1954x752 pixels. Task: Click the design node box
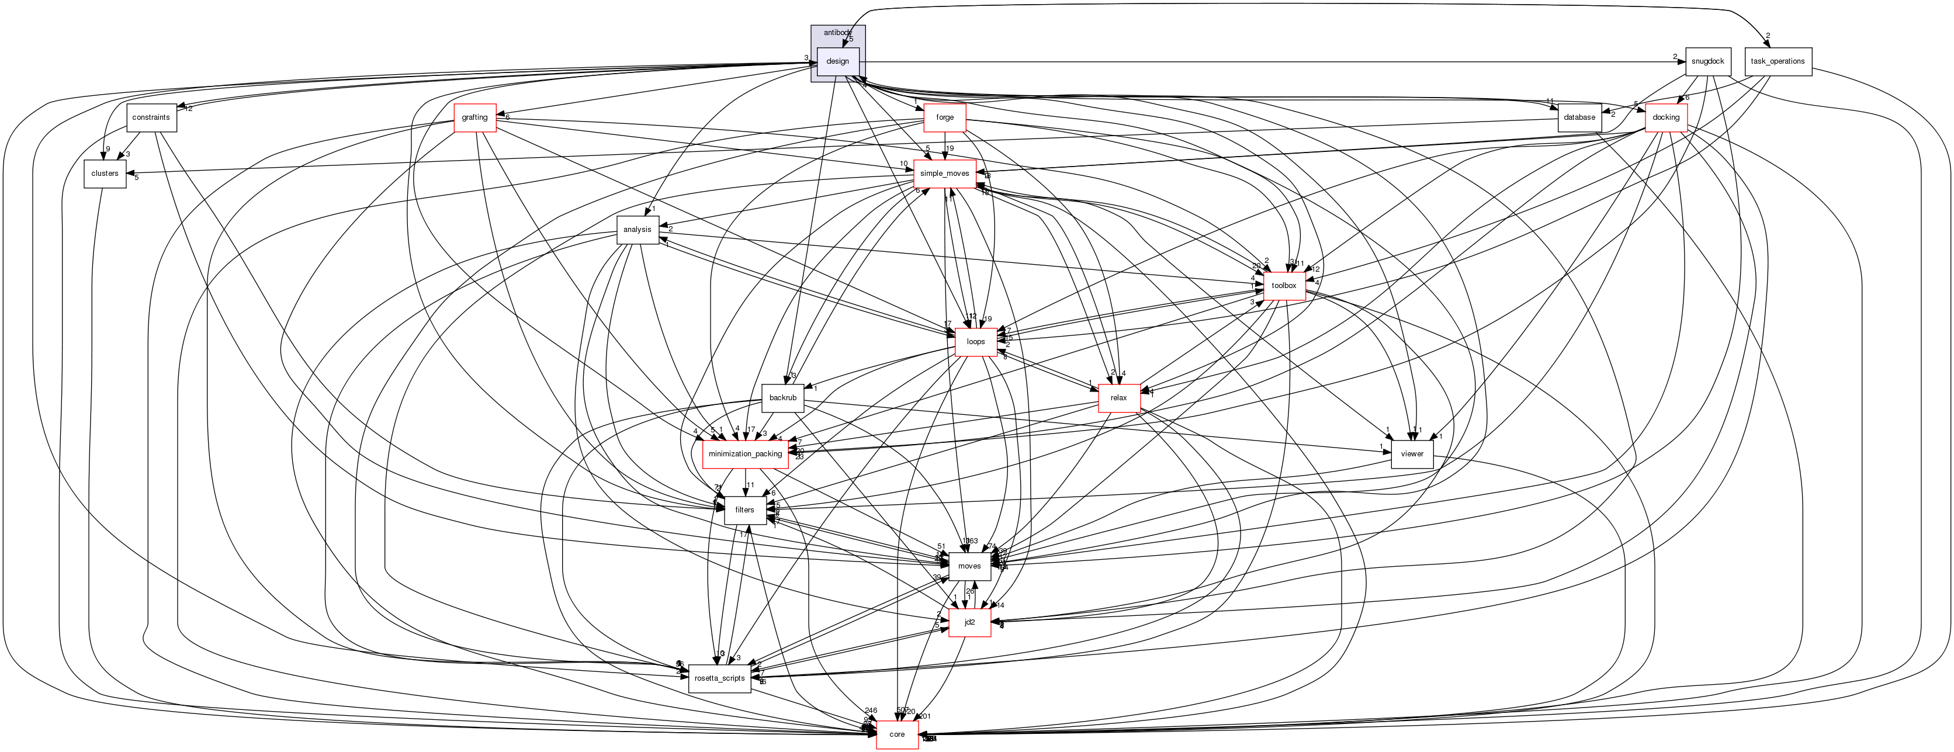[837, 61]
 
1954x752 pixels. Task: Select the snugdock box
[1707, 61]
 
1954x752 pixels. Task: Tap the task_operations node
[1778, 61]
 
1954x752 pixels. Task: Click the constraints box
[151, 117]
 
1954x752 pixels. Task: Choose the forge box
[944, 117]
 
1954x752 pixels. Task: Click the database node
[1579, 117]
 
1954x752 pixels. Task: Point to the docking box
[1666, 117]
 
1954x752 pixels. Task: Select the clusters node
[105, 174]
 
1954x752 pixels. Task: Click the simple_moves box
[944, 174]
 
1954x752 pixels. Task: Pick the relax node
[1119, 398]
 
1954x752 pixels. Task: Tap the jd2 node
[969, 622]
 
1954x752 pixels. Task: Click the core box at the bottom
[898, 734]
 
